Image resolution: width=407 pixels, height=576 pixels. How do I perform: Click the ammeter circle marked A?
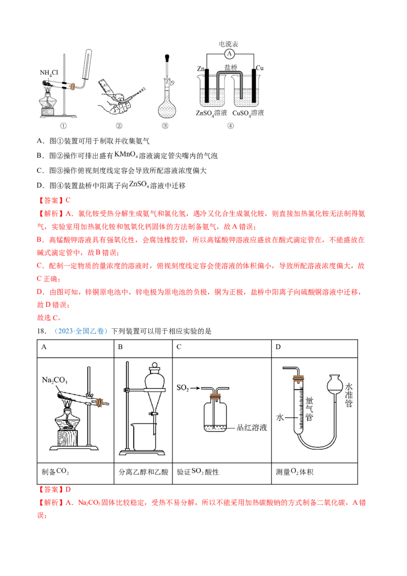229,53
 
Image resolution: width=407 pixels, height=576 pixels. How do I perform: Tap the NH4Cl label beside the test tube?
49,73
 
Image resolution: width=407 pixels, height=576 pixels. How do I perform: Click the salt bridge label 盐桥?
230,68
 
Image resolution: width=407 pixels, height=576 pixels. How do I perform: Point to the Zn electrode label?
200,69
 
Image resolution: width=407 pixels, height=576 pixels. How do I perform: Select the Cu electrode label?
259,68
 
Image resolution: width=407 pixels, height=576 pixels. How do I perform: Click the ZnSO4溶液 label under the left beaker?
211,113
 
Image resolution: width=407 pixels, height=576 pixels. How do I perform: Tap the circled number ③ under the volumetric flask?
165,126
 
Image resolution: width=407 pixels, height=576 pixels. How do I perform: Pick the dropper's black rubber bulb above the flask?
167,59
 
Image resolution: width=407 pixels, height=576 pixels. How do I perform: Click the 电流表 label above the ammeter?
228,44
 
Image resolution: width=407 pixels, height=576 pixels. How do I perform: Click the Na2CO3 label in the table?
54,380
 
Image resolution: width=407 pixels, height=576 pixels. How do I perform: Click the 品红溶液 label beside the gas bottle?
252,427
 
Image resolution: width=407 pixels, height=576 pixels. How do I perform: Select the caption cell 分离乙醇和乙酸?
143,472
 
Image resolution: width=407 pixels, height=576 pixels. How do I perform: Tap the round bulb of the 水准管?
335,383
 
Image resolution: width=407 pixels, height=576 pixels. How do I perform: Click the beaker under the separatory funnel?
143,437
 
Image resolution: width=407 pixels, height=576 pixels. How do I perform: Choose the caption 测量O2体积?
295,472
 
